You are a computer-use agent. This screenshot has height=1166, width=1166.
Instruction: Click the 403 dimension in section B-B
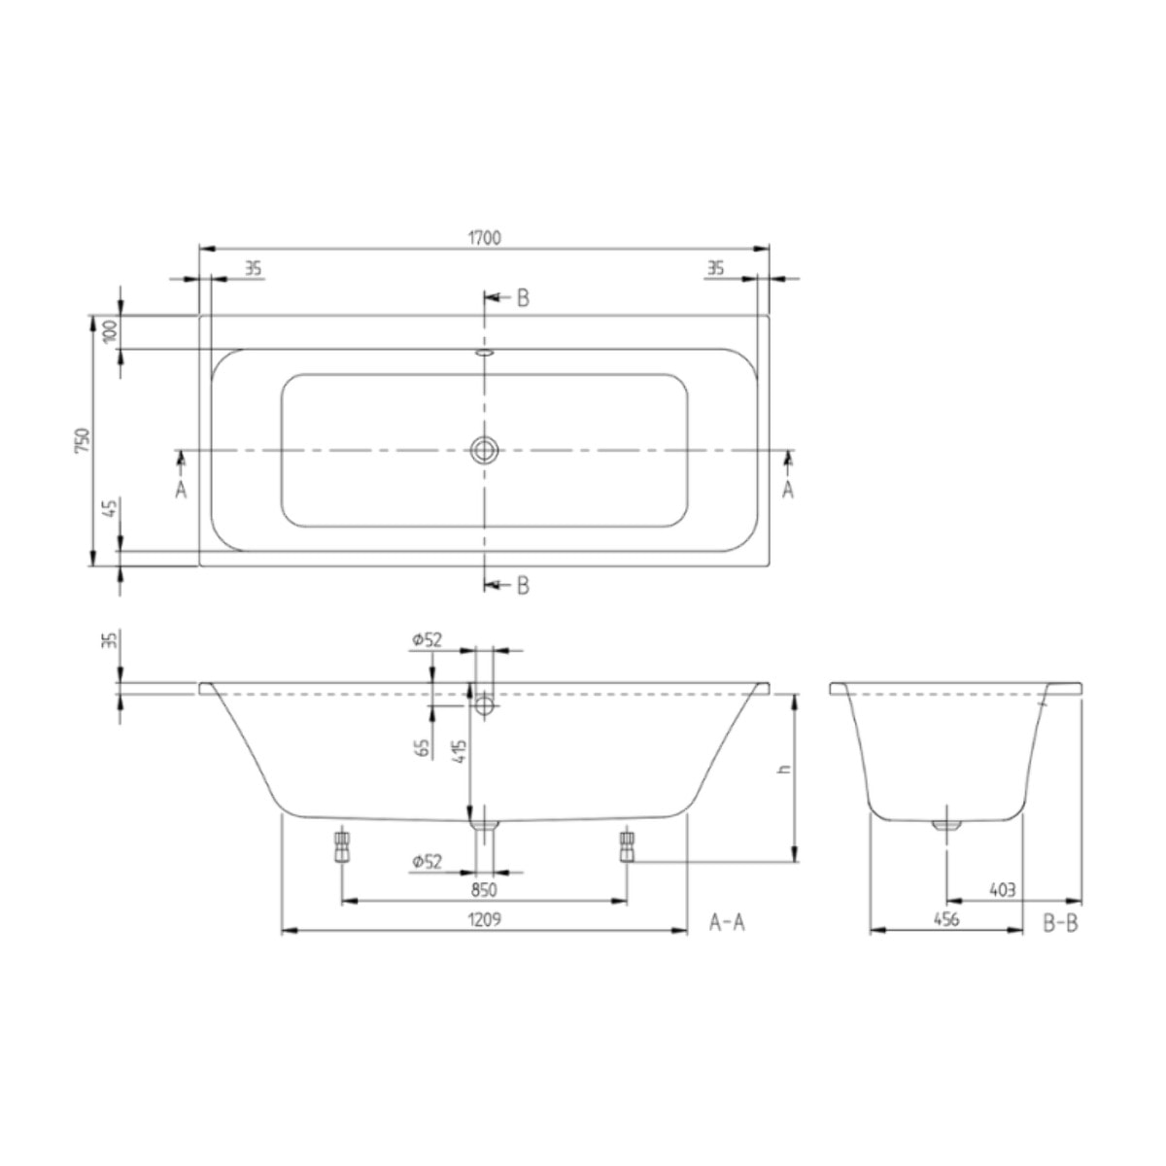click(1002, 889)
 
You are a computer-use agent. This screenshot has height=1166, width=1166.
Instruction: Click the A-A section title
click(727, 922)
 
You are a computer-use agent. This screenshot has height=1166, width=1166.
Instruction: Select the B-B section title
click(1060, 922)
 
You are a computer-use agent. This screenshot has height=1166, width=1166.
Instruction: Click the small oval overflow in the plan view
click(484, 354)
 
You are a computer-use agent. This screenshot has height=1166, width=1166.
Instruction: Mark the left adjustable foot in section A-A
click(341, 845)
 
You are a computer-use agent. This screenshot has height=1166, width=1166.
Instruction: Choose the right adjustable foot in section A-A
click(627, 845)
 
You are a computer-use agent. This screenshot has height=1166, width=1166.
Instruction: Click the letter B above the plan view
click(523, 298)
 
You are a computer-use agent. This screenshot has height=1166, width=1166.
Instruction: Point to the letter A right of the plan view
click(788, 491)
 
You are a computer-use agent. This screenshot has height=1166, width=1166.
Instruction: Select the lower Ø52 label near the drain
click(427, 861)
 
